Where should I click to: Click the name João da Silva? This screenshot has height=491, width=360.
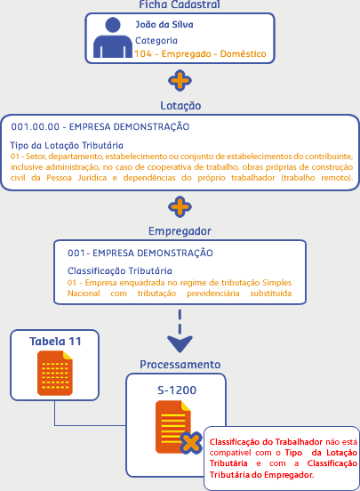[x=164, y=24]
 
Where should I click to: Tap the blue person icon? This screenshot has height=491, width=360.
[x=113, y=37]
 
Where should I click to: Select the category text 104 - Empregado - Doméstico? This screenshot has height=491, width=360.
[x=200, y=54]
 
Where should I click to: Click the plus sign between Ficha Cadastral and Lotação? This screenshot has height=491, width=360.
[x=180, y=81]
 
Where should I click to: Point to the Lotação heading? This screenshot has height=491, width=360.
[x=180, y=106]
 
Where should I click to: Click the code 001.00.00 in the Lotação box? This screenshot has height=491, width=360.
[x=35, y=126]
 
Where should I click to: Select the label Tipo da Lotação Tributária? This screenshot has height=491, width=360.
[x=67, y=145]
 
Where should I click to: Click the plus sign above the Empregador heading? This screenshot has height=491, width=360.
[x=180, y=206]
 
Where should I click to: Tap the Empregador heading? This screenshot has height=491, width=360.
[x=180, y=231]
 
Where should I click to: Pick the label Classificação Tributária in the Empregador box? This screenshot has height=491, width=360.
[x=120, y=271]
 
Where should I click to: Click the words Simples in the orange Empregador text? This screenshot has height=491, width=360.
[x=276, y=283]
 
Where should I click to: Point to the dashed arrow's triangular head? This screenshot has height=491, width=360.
[x=180, y=343]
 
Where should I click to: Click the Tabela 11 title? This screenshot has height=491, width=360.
[x=55, y=342]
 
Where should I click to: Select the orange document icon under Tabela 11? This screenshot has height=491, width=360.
[x=55, y=373]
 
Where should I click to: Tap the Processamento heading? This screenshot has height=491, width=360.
[x=180, y=365]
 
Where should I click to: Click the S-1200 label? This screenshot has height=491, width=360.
[x=177, y=390]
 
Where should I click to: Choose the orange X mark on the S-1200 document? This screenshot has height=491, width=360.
[x=191, y=443]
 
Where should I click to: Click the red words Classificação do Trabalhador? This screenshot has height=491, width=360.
[x=266, y=442]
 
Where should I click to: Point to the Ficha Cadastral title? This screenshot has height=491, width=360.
[x=180, y=4]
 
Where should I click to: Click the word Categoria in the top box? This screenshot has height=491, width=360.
[x=156, y=40]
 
